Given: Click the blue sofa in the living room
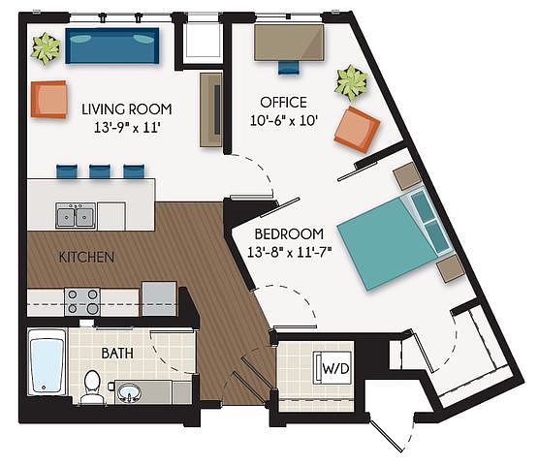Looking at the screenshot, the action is [112, 46].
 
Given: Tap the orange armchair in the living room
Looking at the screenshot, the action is [48, 100].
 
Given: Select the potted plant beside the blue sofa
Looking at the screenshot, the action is [46, 48].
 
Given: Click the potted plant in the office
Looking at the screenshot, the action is [352, 83].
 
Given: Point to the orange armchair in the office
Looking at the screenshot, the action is [357, 129].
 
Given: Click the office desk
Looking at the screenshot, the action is [289, 43].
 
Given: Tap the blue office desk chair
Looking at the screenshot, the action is [289, 67].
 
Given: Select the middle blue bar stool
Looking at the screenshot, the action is [100, 171].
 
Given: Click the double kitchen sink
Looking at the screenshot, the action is [76, 215].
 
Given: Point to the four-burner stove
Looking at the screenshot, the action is [82, 301].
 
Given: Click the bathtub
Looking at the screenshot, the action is [47, 362].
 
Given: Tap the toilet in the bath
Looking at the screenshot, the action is [92, 387].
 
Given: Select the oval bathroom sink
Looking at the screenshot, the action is [129, 391].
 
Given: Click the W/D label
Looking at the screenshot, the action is [335, 369].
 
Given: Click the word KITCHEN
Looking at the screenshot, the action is [86, 257].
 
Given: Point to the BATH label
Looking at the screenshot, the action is [117, 353].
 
